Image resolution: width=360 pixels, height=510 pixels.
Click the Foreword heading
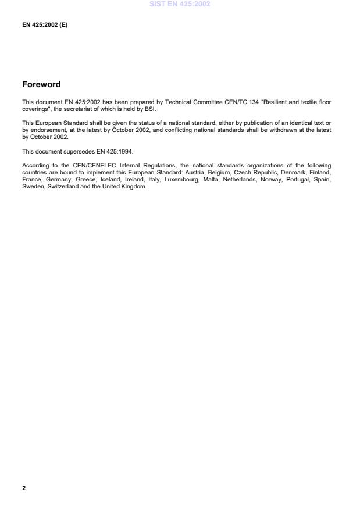click(41, 85)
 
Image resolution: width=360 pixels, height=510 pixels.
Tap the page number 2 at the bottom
click(24, 488)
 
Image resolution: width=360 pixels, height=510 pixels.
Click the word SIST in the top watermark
click(159, 4)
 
